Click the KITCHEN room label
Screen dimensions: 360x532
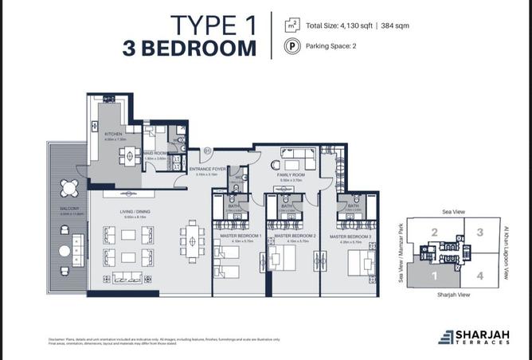click(113, 133)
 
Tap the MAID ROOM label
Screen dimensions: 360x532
click(155, 153)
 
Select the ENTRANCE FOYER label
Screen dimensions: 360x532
click(209, 169)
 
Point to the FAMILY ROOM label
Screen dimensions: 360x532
click(291, 174)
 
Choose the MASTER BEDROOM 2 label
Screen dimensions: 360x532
click(295, 237)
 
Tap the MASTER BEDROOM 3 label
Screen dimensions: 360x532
click(351, 237)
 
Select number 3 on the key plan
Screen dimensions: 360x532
click(479, 233)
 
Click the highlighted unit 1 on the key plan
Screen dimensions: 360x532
click(435, 276)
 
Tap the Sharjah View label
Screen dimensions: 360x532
click(453, 294)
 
